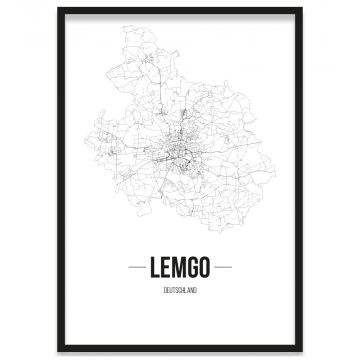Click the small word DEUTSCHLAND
pyautogui.click(x=180, y=291)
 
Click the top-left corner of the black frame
pyautogui.click(x=59, y=9)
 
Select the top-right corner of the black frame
pyautogui.click(x=301, y=9)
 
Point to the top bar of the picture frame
pyautogui.click(x=180, y=10)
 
